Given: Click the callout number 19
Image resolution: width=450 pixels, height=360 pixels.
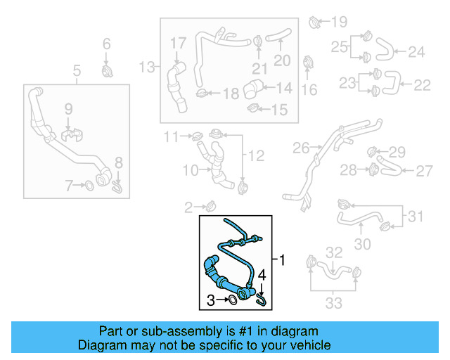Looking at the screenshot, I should [x=340, y=21].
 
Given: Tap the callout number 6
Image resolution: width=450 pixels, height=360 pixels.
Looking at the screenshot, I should [x=107, y=44].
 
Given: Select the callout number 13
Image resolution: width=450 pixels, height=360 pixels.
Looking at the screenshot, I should [x=146, y=67].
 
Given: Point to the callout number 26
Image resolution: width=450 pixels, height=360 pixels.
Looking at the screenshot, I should [x=301, y=148].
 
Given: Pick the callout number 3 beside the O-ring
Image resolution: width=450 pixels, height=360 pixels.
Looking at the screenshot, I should [x=211, y=301].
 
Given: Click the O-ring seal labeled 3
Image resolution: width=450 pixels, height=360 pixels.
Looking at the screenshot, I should [x=231, y=301].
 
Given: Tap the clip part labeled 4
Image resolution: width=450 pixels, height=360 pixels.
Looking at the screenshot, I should [x=262, y=300].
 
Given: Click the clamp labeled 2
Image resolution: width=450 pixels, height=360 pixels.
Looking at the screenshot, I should [x=209, y=206].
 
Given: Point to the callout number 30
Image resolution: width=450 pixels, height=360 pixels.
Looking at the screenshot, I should [x=363, y=244].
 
